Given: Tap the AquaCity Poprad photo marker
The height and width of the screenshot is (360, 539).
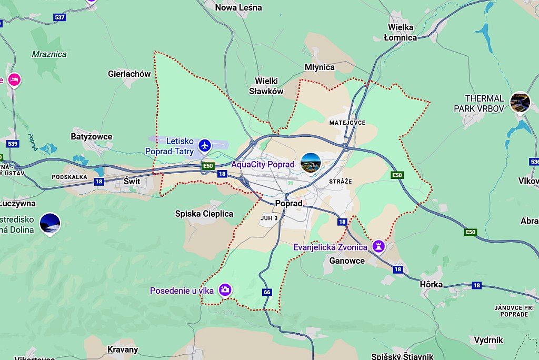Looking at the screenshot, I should click(311, 163).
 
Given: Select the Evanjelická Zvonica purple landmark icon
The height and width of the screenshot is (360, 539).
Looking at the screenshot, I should click(378, 246).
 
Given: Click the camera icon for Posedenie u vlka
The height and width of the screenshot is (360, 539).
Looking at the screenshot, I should click(225, 289).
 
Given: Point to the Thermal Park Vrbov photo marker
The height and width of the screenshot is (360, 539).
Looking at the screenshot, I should click(520, 101).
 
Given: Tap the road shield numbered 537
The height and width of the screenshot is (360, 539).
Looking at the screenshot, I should click(60, 17).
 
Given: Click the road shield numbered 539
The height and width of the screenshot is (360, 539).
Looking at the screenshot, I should click(13, 144).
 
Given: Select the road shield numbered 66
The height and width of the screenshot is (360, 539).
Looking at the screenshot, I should click(267, 292).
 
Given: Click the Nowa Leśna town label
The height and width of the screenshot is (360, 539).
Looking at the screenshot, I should click(238, 7).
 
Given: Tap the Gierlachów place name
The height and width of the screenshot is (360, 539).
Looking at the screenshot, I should click(129, 74).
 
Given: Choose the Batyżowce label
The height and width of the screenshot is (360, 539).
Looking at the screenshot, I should click(91, 137).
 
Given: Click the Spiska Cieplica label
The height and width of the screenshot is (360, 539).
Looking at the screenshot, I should click(204, 214).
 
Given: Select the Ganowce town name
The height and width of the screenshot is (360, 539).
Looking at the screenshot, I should click(346, 261).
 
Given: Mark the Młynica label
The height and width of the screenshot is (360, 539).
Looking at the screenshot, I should click(320, 67).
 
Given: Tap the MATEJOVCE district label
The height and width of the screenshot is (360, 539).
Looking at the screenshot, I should click(347, 123).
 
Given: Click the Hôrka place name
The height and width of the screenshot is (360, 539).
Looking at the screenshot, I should click(431, 284).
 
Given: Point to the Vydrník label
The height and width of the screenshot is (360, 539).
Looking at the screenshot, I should click(488, 340).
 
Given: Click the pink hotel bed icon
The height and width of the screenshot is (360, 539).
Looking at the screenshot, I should click(14, 80).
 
